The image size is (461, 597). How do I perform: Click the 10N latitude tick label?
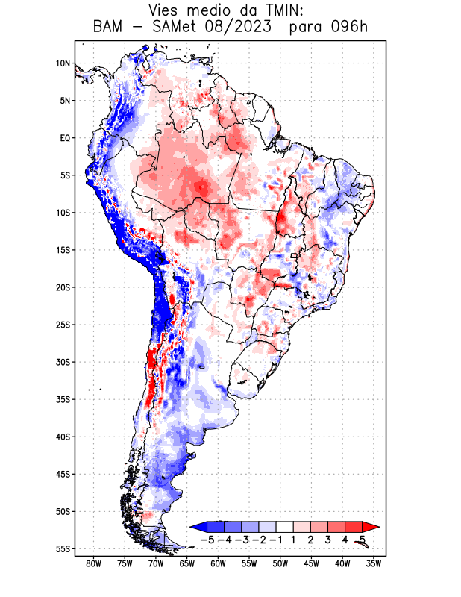(x=63, y=63)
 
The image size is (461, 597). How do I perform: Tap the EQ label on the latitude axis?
(x=65, y=138)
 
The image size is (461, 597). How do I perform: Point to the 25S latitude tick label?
(x=63, y=325)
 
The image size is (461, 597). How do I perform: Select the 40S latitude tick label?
(x=63, y=437)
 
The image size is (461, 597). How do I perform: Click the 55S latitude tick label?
(x=63, y=548)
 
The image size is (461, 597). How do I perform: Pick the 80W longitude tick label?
(x=94, y=563)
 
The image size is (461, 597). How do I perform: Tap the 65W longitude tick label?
(x=187, y=563)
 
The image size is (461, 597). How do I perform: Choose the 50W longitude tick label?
(x=280, y=563)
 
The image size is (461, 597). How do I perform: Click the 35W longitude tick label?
(x=374, y=563)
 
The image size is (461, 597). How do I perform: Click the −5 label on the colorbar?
(x=208, y=540)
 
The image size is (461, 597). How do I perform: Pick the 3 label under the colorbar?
(x=327, y=540)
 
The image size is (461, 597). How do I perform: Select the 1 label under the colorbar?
(x=295, y=540)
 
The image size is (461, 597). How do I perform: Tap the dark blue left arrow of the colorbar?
(x=197, y=527)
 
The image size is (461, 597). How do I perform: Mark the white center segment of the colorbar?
(x=286, y=527)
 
